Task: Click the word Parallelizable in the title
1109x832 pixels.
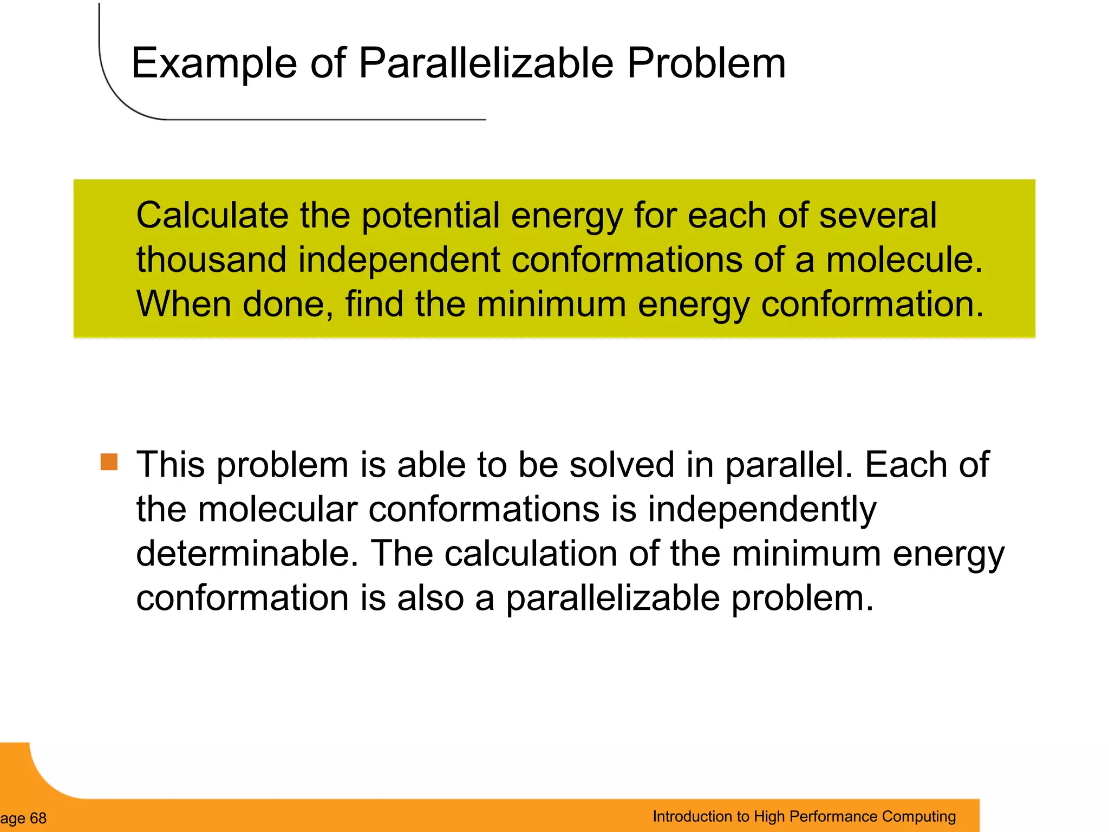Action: pos(486,64)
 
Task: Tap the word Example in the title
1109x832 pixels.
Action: pos(214,64)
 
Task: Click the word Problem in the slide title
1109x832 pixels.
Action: pos(706,64)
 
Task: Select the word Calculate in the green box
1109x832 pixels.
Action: pos(212,216)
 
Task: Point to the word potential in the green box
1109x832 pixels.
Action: pos(430,216)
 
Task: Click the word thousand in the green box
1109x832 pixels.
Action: pos(211,259)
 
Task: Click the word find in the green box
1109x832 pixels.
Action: pos(375,304)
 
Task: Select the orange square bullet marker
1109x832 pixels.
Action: pos(109,462)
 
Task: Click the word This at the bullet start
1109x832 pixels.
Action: pos(170,465)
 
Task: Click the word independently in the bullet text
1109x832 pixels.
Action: pos(762,510)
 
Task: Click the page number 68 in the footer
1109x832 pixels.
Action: pos(38,818)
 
